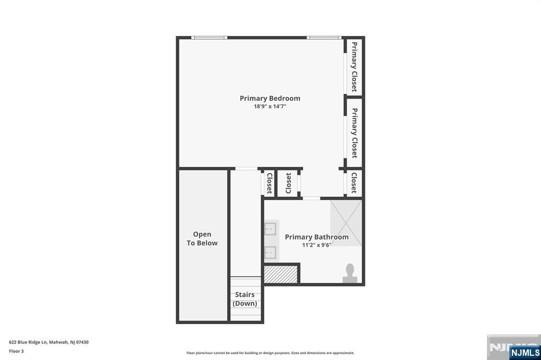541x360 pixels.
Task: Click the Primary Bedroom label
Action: (270, 98)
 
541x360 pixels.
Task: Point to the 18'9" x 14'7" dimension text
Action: (270, 107)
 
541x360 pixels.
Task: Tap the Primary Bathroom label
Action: (316, 237)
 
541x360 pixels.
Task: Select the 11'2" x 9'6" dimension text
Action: (316, 245)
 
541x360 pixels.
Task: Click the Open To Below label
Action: (202, 239)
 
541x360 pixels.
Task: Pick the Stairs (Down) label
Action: (245, 299)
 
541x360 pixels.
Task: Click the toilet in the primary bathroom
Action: (350, 273)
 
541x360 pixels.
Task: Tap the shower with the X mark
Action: (346, 223)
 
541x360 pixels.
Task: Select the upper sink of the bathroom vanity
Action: (270, 229)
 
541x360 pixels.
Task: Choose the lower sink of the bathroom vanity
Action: (270, 252)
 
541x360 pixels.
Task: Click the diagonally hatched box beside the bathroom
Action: (281, 274)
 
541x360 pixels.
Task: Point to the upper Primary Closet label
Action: (354, 67)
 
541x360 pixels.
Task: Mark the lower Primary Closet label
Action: (354, 133)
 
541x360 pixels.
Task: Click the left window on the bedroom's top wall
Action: (209, 37)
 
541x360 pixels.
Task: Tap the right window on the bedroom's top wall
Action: (324, 37)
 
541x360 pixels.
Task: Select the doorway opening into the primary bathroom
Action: (311, 198)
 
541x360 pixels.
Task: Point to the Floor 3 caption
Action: (16, 352)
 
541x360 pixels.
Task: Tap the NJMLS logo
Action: (525, 353)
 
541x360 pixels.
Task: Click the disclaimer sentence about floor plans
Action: (270, 353)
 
